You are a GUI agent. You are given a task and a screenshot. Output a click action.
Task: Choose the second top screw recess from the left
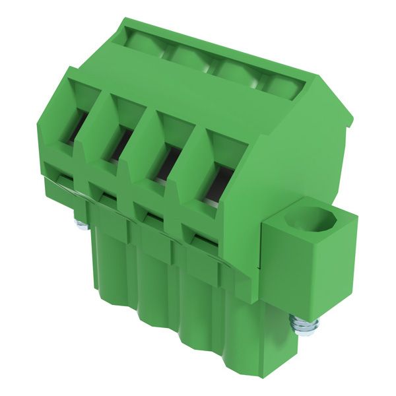click(188, 55)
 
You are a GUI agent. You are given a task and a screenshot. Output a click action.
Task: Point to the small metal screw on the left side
click(81, 224)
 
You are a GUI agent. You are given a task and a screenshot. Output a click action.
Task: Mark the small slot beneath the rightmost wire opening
click(197, 233)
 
